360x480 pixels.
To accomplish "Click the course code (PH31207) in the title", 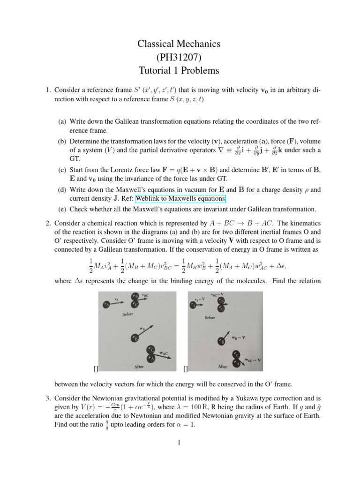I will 178,58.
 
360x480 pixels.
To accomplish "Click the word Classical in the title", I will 155,44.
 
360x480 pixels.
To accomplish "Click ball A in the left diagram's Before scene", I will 107,305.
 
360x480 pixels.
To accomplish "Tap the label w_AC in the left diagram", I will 164,352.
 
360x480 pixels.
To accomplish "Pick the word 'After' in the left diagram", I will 139,367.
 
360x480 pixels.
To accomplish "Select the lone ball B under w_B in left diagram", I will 135,337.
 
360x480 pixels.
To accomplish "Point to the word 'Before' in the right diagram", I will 210,317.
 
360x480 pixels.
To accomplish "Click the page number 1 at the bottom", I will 179,442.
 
